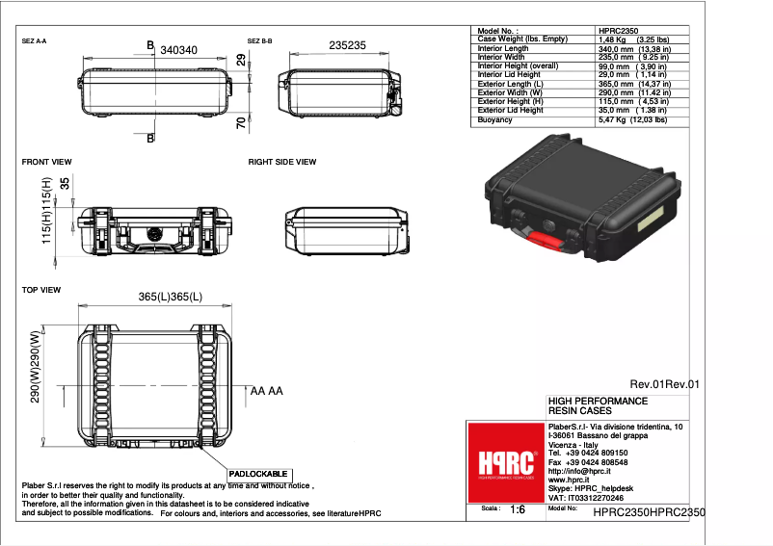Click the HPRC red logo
[x=504, y=462]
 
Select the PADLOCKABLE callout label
[x=258, y=475]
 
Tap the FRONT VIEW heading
[x=47, y=162]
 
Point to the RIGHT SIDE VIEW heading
[x=282, y=162]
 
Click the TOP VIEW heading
[x=41, y=290]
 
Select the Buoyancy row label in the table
[x=494, y=118]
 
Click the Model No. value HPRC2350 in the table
[x=618, y=31]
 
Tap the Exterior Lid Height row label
[x=510, y=110]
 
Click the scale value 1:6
[x=517, y=509]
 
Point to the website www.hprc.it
[x=569, y=480]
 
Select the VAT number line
[x=585, y=498]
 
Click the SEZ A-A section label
[x=35, y=41]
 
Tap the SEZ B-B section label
[x=260, y=41]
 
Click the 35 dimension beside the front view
[x=65, y=184]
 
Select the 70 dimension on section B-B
[x=240, y=122]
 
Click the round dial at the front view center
[x=153, y=233]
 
